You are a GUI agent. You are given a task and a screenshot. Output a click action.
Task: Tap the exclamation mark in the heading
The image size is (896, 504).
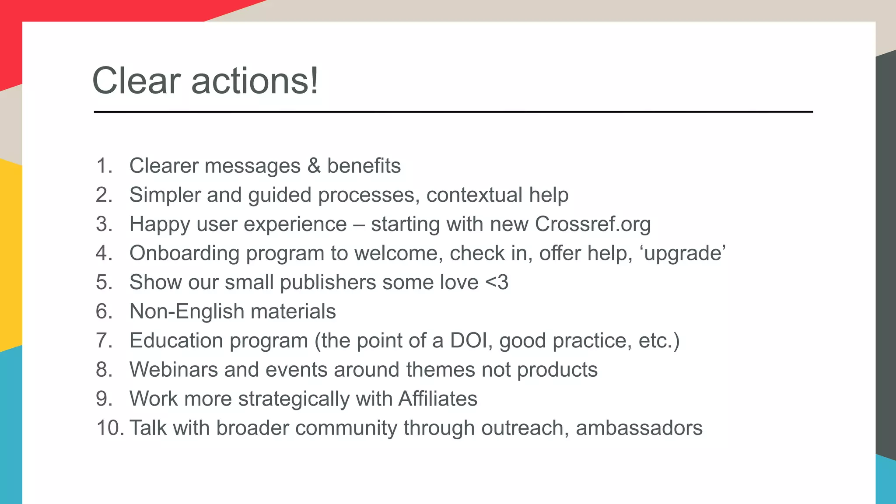[x=314, y=81]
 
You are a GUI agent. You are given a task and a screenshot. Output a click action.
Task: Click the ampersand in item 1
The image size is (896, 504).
[x=314, y=166]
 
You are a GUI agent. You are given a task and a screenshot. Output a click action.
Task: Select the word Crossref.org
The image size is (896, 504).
[x=592, y=224]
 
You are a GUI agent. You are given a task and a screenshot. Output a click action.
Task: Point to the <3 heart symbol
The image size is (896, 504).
[x=497, y=282]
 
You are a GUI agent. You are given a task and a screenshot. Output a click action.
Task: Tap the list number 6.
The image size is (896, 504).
[x=104, y=311]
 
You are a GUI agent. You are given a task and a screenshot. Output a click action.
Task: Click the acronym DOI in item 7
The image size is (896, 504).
[x=469, y=340]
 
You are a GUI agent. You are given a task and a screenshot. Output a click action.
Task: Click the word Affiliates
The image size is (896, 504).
[x=437, y=399]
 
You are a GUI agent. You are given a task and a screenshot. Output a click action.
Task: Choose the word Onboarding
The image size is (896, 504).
[x=184, y=253]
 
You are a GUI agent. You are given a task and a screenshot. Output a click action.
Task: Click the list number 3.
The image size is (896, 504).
[x=104, y=224]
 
